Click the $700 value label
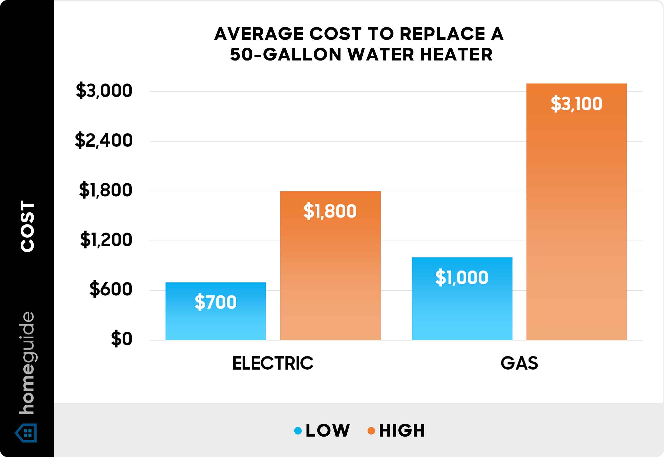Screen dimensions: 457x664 (x=215, y=302)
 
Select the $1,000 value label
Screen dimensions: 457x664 (x=462, y=277)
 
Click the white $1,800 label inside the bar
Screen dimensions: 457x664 (x=330, y=211)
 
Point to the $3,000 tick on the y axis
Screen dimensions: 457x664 (x=104, y=91)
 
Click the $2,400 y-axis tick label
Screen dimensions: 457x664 (x=104, y=140)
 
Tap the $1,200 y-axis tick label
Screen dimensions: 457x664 (x=106, y=240)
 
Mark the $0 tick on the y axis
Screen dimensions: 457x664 (x=122, y=339)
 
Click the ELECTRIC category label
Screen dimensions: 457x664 (x=273, y=363)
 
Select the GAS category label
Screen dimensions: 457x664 (x=519, y=363)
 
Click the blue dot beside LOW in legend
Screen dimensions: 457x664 (x=298, y=431)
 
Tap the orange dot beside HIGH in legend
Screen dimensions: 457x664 (x=371, y=431)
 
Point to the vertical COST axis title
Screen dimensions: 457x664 (x=27, y=226)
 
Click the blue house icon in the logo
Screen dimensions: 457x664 (x=26, y=433)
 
